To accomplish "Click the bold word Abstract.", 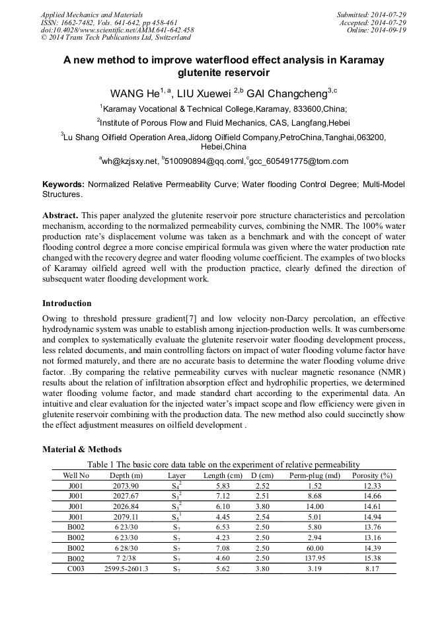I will click(61, 216).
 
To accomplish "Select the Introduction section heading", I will click(67, 303).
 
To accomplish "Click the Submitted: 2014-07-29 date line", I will click(371, 15).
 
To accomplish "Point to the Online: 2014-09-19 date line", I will click(380, 30).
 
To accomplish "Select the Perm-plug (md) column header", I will click(315, 475).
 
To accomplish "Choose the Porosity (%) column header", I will click(372, 475).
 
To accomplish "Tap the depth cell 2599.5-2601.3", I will click(126, 569).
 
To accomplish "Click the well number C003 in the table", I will click(75, 569).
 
